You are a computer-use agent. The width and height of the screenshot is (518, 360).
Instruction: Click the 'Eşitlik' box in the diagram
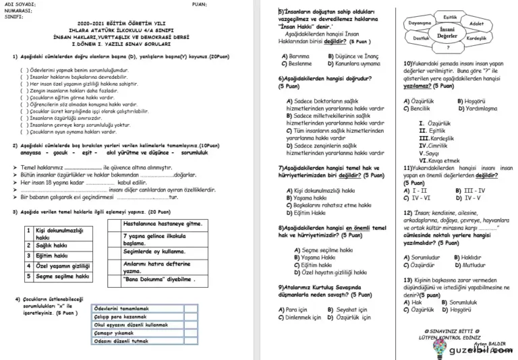coord(451,16)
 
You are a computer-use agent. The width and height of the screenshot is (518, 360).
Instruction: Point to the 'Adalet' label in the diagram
coord(476,23)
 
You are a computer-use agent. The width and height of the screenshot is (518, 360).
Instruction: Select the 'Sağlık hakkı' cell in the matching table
coord(53,246)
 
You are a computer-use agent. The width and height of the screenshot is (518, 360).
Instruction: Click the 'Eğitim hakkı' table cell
coord(53,256)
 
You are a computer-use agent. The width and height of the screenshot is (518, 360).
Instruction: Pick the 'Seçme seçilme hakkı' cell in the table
coord(62,276)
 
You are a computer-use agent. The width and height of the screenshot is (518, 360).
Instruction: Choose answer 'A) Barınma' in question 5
coord(295,56)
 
